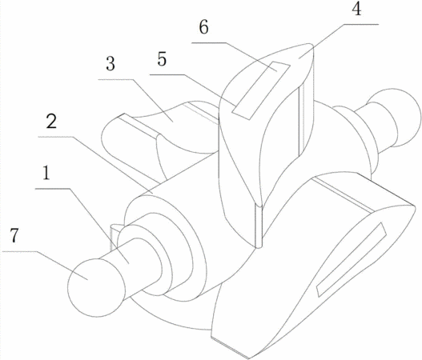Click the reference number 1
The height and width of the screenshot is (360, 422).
pos(46,173)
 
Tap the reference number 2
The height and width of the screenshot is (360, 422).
pos(51,121)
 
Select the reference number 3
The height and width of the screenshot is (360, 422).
pos(111,64)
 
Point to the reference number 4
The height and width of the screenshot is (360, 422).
pos(356,9)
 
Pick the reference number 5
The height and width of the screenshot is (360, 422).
pos(162,59)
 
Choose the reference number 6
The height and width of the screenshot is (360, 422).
pos(203,27)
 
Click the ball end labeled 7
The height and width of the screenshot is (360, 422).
pos(96,287)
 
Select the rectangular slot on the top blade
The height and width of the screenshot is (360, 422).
pos(261,90)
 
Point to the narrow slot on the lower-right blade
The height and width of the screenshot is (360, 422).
pos(352,259)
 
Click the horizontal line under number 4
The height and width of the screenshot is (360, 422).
pos(361,24)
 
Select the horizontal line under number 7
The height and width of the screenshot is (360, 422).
pos(20,252)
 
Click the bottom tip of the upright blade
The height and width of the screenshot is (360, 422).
pos(259,246)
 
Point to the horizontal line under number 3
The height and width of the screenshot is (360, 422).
pos(115,79)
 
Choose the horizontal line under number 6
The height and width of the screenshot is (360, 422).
pos(208,42)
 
